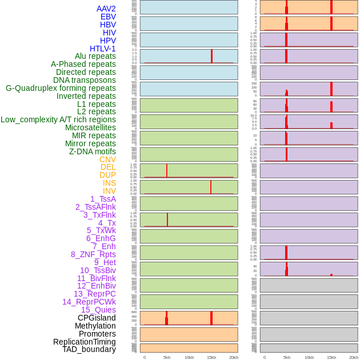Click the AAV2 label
point(106,9)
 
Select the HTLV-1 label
point(103,49)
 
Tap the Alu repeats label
point(95,56)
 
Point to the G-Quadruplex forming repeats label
point(61,88)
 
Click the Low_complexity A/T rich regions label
point(58,119)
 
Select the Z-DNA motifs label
point(93,151)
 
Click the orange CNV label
point(107,159)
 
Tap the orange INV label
point(109,191)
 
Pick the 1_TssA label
point(103,199)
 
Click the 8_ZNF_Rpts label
point(93,254)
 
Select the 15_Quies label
point(98,310)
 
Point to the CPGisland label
point(97,318)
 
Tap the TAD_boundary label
point(89,349)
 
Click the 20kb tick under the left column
point(234,357)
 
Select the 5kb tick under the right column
point(287,357)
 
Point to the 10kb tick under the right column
point(309,357)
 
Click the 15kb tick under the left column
point(211,357)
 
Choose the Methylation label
point(95,326)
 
